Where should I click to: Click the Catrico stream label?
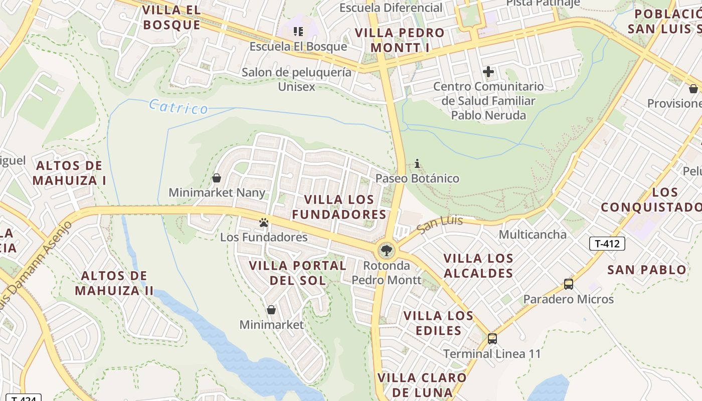click(179, 107)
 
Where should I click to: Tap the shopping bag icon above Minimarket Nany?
click(217, 178)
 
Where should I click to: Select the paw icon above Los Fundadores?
click(264, 222)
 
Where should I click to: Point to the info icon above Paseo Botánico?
click(417, 163)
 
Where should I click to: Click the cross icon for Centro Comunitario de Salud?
click(488, 72)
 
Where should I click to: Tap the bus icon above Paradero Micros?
click(568, 284)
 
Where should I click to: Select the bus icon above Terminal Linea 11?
click(492, 339)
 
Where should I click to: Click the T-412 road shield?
click(607, 244)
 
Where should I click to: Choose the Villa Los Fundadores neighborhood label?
click(339, 207)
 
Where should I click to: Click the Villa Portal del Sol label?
click(298, 273)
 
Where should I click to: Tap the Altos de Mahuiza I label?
click(69, 173)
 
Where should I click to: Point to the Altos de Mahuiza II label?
click(114, 283)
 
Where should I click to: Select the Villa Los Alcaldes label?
click(478, 266)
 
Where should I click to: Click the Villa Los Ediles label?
click(438, 323)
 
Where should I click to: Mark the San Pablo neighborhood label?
click(646, 270)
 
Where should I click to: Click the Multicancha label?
click(533, 235)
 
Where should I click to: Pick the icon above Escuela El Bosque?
click(298, 32)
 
